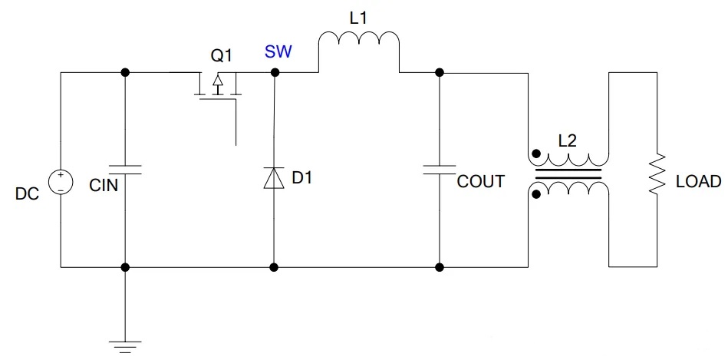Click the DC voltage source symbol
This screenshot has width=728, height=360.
pyautogui.click(x=61, y=183)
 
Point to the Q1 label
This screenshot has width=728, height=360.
pyautogui.click(x=222, y=56)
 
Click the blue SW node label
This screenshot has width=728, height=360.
pyautogui.click(x=278, y=52)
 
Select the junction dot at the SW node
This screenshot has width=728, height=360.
pyautogui.click(x=275, y=72)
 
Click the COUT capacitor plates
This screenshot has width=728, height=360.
pyautogui.click(x=439, y=169)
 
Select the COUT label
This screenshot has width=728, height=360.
pyautogui.click(x=480, y=182)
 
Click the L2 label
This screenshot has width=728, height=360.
pyautogui.click(x=568, y=141)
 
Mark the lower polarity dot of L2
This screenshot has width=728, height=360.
pyautogui.click(x=536, y=194)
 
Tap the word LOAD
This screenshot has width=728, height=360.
pyautogui.click(x=698, y=182)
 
